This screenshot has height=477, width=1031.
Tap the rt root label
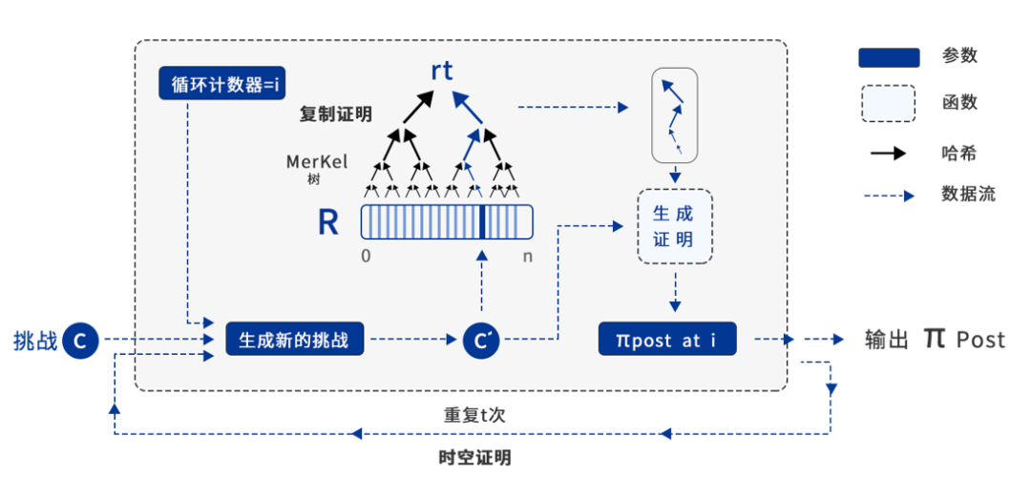[441, 70]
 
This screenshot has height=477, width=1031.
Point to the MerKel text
[318, 161]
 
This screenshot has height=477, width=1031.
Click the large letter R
[328, 222]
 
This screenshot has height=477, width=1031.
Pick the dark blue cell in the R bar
[482, 221]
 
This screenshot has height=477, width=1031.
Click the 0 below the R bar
[366, 256]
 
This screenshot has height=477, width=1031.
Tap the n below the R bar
[528, 256]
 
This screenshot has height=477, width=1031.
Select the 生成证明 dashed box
[674, 226]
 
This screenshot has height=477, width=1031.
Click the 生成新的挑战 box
[295, 339]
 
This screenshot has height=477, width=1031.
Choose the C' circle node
[481, 340]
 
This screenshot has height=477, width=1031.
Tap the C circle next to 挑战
[82, 340]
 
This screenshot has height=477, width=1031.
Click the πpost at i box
[668, 339]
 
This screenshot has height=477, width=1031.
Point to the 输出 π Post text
[935, 339]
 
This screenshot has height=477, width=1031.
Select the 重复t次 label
[473, 415]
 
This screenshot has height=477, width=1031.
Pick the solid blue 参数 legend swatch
[889, 57]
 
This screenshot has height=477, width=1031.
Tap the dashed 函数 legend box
[889, 103]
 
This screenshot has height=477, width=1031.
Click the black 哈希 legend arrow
[888, 153]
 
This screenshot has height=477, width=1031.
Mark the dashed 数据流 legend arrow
[888, 196]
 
